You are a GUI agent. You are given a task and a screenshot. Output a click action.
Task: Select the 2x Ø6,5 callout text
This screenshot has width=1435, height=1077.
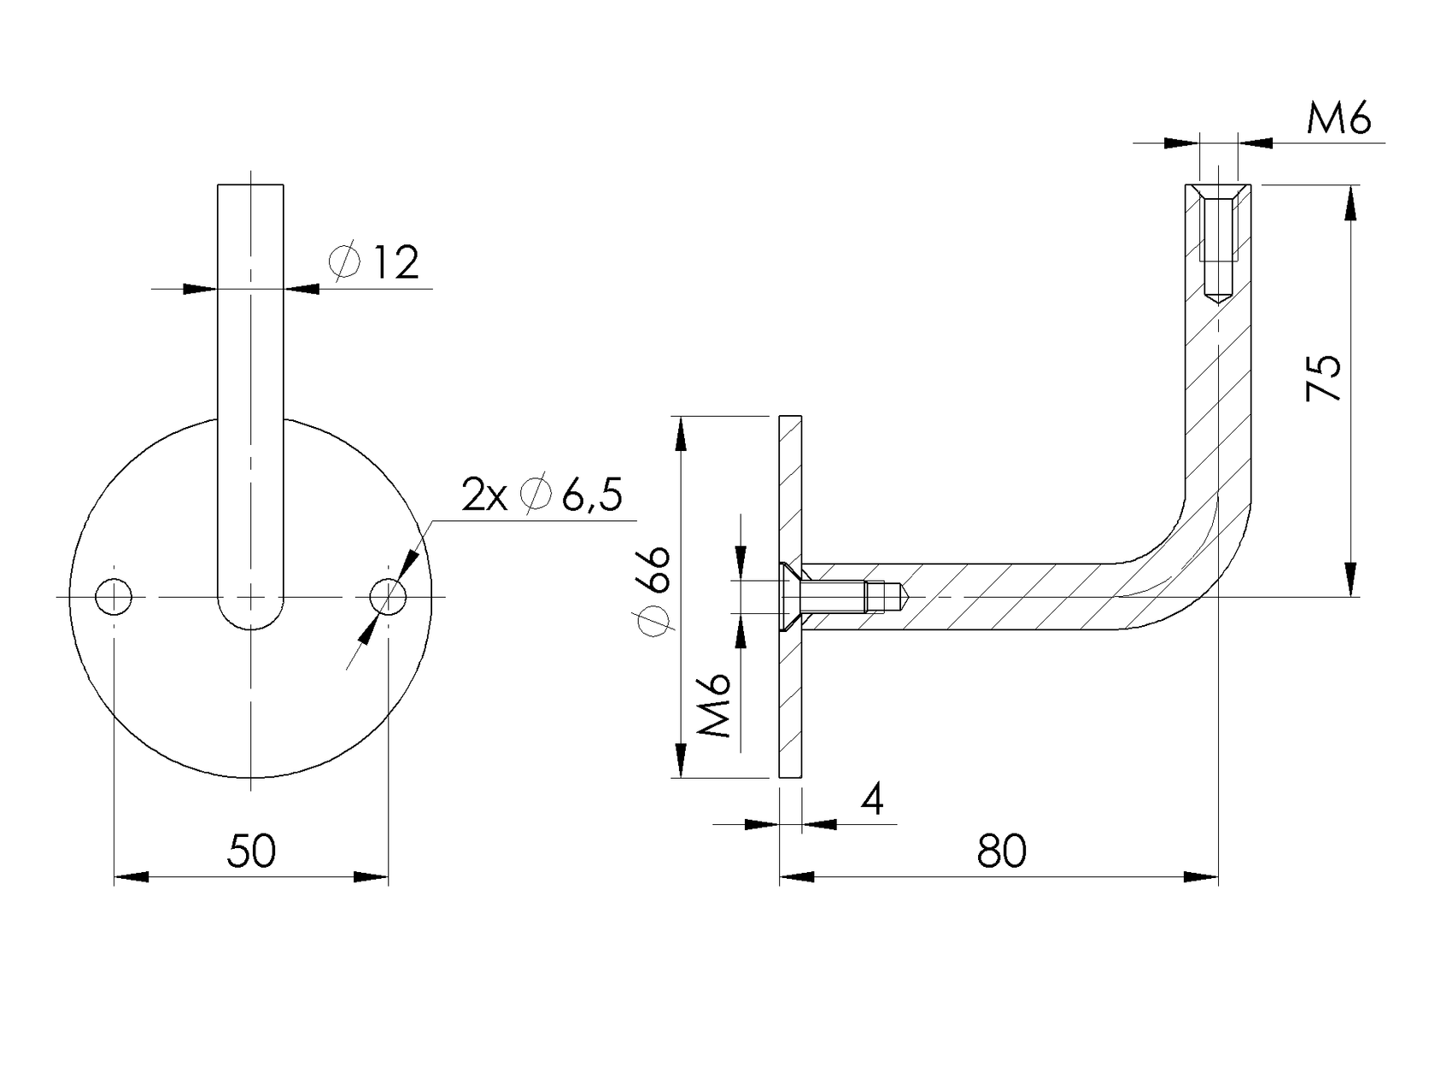pos(542,495)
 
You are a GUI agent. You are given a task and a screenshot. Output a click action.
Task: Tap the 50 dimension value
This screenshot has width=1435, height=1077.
pos(251,851)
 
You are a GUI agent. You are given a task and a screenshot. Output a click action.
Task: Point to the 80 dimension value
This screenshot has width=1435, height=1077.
pos(1001,851)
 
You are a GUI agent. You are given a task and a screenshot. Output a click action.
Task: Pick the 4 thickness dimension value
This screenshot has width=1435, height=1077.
pos(872,800)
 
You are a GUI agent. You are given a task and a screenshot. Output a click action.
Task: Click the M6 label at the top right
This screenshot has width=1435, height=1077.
pos(1338,119)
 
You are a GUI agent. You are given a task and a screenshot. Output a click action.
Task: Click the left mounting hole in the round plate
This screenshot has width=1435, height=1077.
pos(114,596)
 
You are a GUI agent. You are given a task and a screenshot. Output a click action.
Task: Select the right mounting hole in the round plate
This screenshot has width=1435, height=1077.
pos(388,596)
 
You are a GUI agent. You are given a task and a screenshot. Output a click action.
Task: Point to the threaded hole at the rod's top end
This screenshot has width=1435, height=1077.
pos(1217,243)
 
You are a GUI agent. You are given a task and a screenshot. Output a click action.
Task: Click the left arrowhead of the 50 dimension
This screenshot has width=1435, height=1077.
pos(132,877)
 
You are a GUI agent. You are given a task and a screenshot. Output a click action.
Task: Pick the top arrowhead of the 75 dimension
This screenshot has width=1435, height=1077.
pos(1350,202)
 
